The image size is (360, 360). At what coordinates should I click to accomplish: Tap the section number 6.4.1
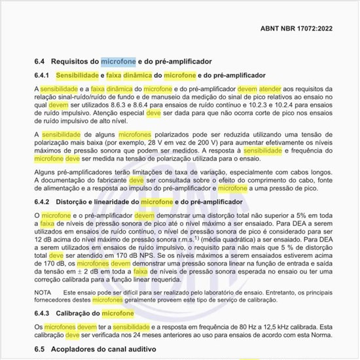[43, 75]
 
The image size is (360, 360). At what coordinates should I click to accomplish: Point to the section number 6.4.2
[43, 202]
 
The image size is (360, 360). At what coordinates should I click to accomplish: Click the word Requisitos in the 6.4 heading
[75, 62]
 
